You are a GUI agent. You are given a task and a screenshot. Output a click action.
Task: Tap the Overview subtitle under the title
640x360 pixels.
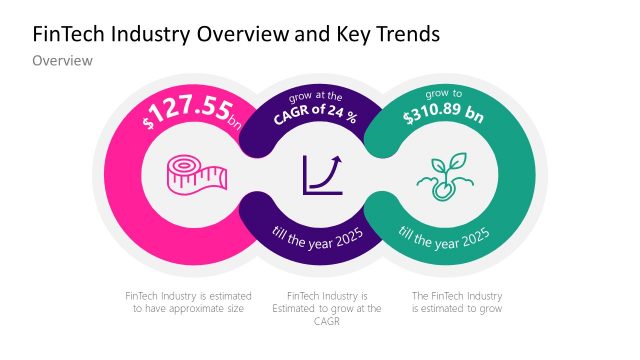(62, 62)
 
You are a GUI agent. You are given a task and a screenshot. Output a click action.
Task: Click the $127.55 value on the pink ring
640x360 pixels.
(186, 111)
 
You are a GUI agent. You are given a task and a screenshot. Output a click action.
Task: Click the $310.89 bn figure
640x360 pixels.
(443, 116)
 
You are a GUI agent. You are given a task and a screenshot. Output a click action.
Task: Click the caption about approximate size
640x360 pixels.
(188, 303)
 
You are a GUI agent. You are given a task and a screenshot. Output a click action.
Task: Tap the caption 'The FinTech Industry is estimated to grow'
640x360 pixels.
(457, 303)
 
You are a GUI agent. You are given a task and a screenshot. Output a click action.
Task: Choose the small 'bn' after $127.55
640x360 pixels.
(235, 123)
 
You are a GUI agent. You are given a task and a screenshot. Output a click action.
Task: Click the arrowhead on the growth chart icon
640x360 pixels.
(338, 158)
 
